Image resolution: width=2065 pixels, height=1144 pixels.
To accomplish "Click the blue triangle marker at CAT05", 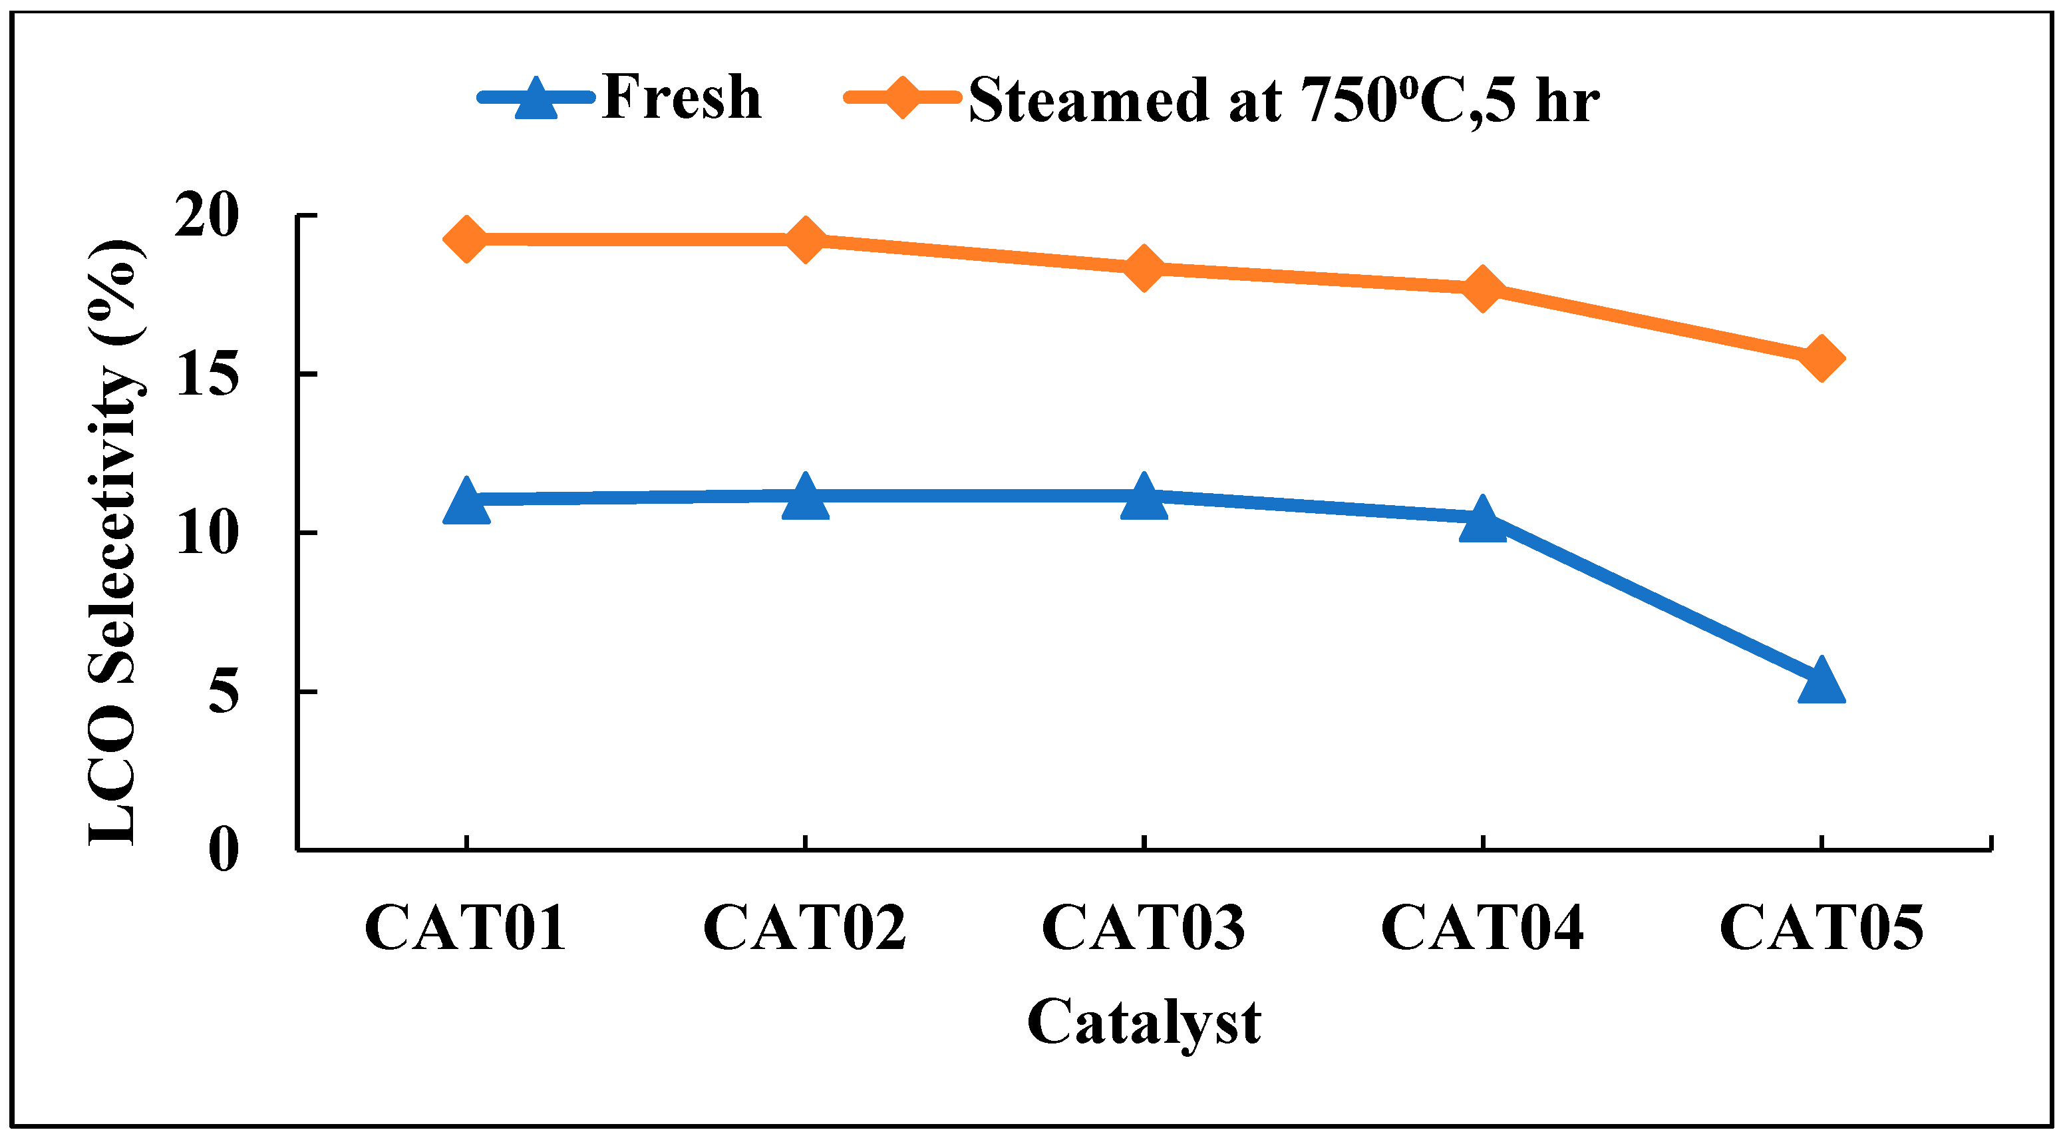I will tap(1822, 681).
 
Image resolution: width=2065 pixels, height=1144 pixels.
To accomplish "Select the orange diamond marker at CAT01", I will tap(466, 239).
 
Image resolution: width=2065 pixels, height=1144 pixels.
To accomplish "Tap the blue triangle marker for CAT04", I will tap(1482, 521).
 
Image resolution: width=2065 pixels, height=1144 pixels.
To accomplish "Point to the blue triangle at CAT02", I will tap(805, 498).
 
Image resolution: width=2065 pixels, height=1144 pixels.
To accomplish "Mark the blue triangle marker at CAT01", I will tap(466, 502).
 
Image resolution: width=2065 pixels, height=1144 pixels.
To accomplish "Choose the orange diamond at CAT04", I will tap(1482, 289).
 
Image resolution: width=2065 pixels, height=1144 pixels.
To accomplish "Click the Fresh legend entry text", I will tap(681, 98).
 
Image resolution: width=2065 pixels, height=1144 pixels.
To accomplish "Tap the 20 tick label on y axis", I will tap(207, 216).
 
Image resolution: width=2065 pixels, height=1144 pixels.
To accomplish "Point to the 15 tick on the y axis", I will tap(207, 375).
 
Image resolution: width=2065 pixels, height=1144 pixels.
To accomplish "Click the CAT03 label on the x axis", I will tap(1144, 928).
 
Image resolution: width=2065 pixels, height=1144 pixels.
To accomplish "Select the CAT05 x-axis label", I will tap(1822, 928).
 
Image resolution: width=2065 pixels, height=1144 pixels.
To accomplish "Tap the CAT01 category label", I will tap(466, 928).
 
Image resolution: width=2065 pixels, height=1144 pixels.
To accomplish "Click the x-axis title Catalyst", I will tap(1144, 1023).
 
